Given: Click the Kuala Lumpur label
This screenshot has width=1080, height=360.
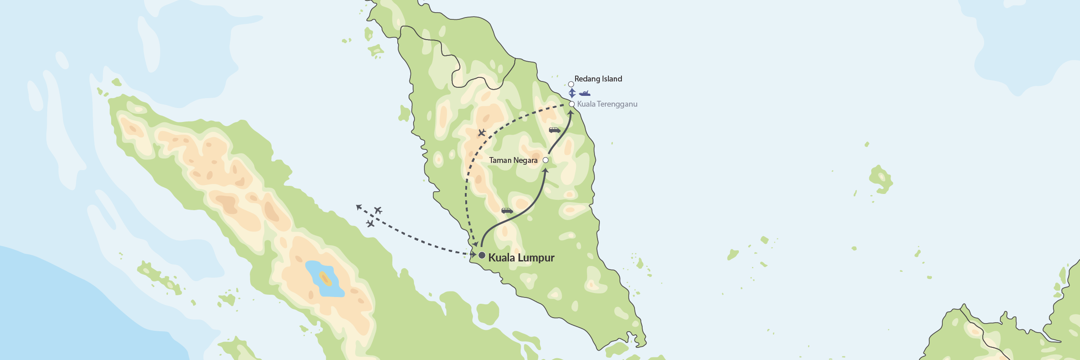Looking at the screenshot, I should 521,258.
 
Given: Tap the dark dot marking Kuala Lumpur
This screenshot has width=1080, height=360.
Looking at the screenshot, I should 481,256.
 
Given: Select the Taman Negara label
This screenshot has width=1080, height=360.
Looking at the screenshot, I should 513,160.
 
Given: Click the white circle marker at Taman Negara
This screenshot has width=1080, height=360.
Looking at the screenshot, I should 545,160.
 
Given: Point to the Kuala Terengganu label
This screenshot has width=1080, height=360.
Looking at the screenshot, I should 607,104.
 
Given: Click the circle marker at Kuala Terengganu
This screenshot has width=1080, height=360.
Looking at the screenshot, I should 571,104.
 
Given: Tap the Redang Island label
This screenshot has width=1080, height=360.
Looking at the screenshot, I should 598,79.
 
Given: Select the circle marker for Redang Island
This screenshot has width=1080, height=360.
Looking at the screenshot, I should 571,84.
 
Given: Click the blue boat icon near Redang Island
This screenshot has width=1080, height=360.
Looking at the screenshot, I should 585,94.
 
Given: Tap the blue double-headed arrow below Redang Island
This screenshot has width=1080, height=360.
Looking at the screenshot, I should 572,93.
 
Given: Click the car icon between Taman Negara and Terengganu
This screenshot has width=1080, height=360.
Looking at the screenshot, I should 554,130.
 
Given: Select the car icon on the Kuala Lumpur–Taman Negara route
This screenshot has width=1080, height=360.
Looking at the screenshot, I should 507,211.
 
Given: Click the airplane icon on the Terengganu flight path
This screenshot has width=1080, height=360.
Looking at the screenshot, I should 481,133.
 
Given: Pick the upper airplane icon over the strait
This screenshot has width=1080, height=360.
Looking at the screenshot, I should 378,210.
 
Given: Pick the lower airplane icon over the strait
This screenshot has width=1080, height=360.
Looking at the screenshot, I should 370,224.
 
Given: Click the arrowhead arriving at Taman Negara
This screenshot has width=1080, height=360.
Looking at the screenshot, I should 545,171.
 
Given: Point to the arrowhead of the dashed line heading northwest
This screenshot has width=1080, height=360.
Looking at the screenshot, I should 359,207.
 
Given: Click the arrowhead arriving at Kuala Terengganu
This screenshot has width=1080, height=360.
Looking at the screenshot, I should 570,112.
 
